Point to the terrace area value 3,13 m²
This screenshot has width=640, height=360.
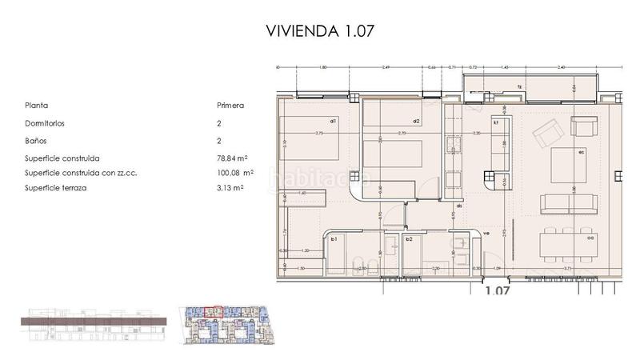click(230, 187)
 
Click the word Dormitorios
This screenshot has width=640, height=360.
click(45, 124)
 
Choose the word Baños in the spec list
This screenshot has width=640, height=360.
click(36, 141)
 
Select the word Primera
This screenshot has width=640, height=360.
click(230, 105)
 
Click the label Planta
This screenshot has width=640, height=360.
click(37, 105)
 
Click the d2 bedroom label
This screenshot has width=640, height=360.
click(405, 122)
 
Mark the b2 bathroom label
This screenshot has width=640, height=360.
click(409, 239)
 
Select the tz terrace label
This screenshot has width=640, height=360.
click(519, 86)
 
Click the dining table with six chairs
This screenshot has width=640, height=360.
click(568, 242)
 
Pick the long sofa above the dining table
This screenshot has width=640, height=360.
click(569, 203)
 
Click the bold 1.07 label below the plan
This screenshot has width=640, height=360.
click(498, 291)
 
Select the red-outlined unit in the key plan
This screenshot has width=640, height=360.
click(211, 311)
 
